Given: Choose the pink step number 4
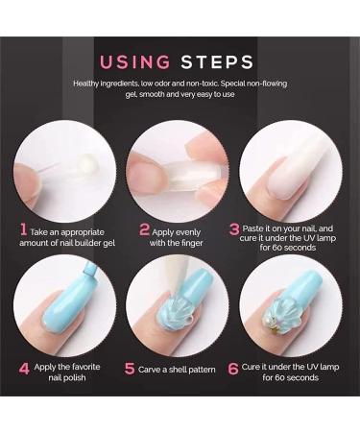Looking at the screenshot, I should pos(23,366).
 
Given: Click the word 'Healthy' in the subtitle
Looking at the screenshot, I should pos(88,84).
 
